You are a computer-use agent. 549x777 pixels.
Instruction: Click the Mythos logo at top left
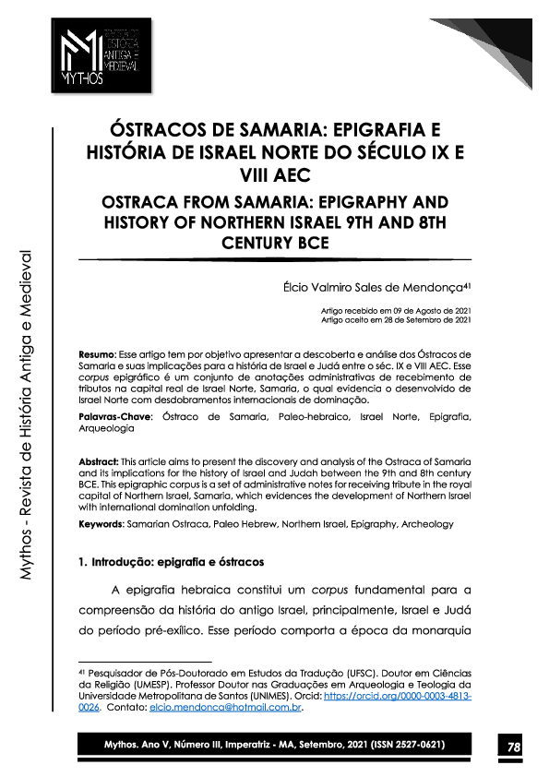(x=101, y=55)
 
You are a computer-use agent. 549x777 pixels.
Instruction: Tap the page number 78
(x=512, y=746)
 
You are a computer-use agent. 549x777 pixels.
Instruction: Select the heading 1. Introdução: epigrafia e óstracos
(x=173, y=561)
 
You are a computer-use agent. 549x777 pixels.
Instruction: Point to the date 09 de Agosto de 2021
(x=433, y=311)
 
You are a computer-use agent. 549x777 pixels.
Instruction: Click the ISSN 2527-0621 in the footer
(x=410, y=745)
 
